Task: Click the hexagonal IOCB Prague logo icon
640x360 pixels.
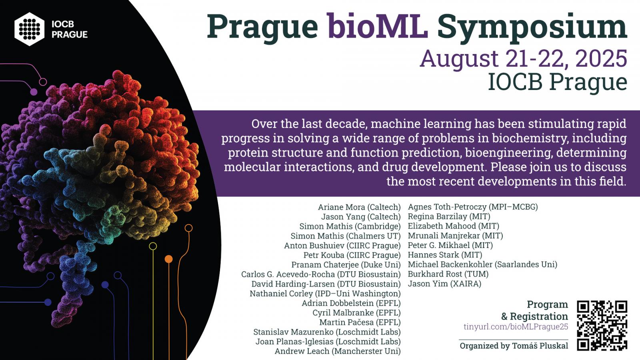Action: tap(30, 29)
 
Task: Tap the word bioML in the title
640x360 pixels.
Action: tap(378, 26)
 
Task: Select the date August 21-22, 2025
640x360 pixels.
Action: tap(524, 58)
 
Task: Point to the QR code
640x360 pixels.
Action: tap(602, 326)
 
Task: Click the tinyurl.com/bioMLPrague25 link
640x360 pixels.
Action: tap(516, 326)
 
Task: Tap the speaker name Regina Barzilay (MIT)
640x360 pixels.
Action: tap(449, 216)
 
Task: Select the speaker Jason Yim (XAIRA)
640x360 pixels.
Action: tap(444, 284)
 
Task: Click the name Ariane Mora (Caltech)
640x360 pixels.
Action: tap(360, 207)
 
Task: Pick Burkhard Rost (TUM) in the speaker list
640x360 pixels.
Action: tap(448, 274)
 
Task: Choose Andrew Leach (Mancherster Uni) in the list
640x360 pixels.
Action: tap(338, 351)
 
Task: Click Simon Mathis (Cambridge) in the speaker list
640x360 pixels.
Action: tap(350, 226)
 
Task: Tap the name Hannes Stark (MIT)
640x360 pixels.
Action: tap(445, 255)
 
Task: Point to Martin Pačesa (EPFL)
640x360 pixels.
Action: tap(360, 322)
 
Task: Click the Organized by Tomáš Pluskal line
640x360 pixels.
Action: tap(514, 346)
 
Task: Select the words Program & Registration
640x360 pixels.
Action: tap(534, 310)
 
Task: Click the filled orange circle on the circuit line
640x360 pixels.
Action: tap(168, 259)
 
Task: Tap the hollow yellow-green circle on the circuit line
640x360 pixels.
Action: tap(153, 246)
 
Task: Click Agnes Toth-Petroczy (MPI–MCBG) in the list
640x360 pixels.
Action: tap(473, 207)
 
